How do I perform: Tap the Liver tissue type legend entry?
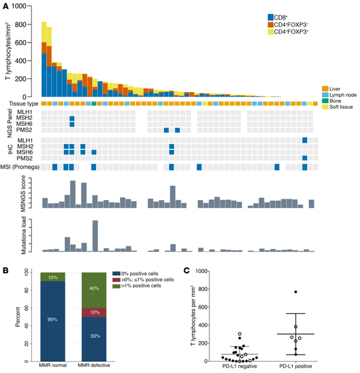pyautogui.click(x=325, y=89)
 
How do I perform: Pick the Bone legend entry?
pyautogui.click(x=325, y=102)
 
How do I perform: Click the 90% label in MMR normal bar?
pyautogui.click(x=52, y=320)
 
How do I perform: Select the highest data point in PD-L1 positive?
pyautogui.click(x=296, y=292)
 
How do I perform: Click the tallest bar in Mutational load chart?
pyautogui.click(x=95, y=236)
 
